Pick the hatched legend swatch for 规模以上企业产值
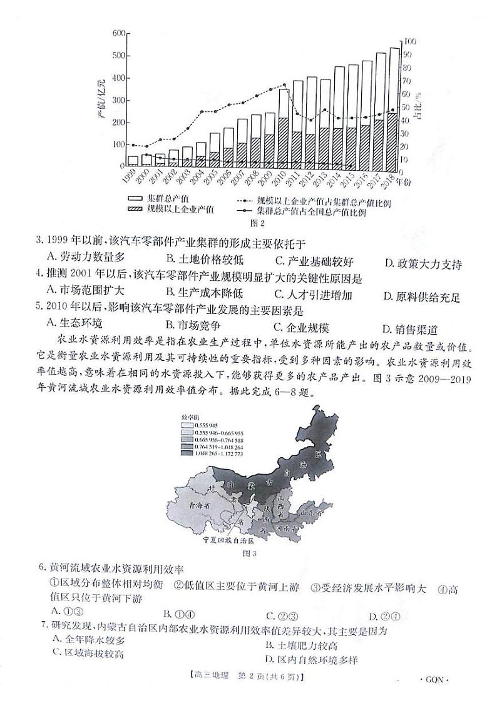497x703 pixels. (135, 211)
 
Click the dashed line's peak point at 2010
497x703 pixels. (284, 85)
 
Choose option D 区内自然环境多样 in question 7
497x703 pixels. (311, 659)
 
